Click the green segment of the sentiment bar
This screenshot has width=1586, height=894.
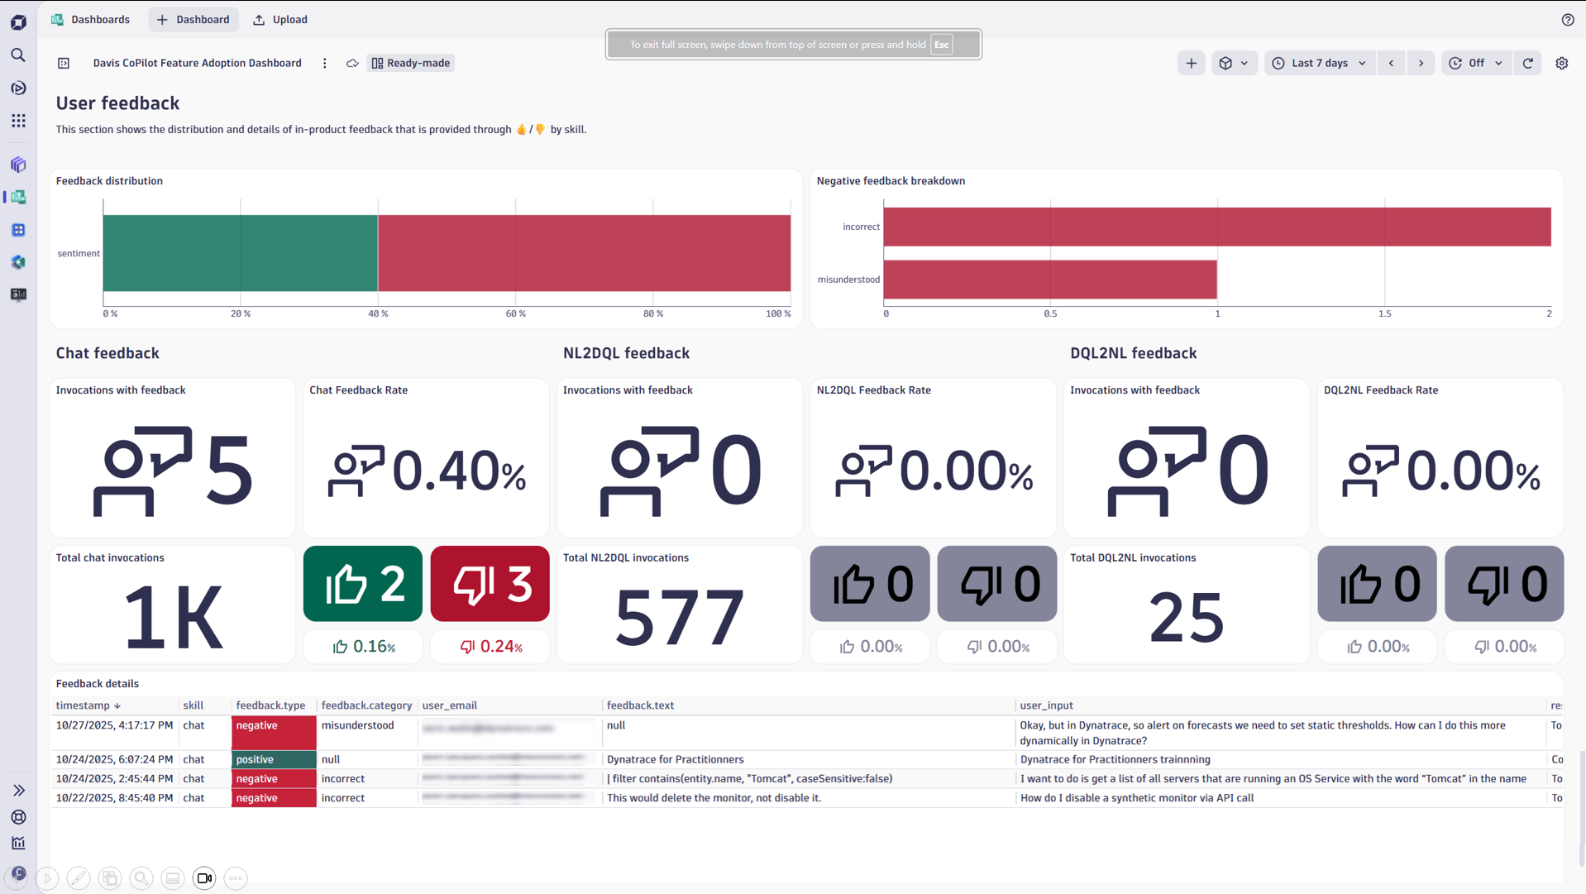[240, 253]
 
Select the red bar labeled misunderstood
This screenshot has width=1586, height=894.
[1049, 280]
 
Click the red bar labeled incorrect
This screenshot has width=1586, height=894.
[1216, 227]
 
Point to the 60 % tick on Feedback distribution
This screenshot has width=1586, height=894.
[515, 313]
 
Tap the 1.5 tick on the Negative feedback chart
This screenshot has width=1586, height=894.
[1384, 313]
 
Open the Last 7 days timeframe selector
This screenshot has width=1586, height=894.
[1319, 63]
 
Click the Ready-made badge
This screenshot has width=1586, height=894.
[411, 63]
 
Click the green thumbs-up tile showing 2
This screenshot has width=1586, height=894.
[362, 584]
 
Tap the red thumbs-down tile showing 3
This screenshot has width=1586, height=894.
[490, 584]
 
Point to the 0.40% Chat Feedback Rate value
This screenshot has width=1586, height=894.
[457, 471]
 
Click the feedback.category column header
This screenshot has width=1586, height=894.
[365, 705]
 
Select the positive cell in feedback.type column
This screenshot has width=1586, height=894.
[273, 759]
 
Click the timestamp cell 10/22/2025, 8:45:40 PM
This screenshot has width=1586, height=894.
[114, 798]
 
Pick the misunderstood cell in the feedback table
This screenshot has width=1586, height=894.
[357, 725]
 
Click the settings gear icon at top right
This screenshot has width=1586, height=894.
[1561, 63]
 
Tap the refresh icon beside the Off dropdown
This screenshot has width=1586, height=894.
[1527, 63]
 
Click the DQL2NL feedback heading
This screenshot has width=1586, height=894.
[1133, 353]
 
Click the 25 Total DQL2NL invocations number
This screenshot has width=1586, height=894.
[1186, 618]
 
